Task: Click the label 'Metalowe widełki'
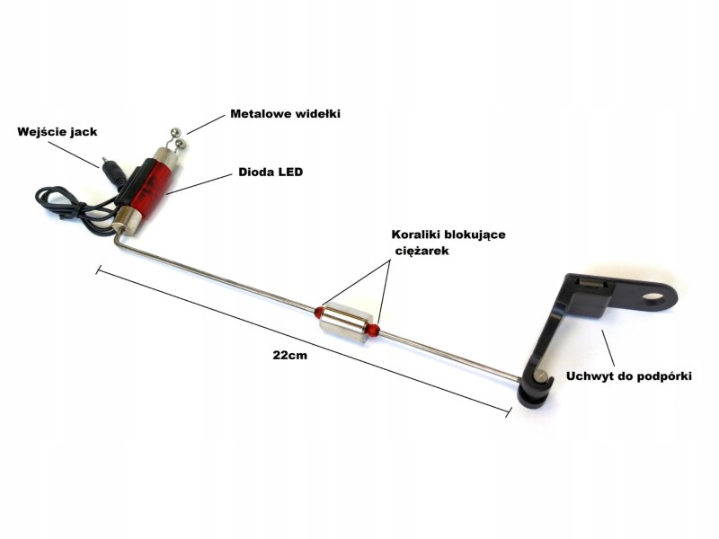285,114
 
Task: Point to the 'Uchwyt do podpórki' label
629,375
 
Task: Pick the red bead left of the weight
318,312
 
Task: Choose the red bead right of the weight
373,331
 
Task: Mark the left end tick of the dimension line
97,268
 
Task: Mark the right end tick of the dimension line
509,410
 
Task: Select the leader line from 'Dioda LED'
200,183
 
